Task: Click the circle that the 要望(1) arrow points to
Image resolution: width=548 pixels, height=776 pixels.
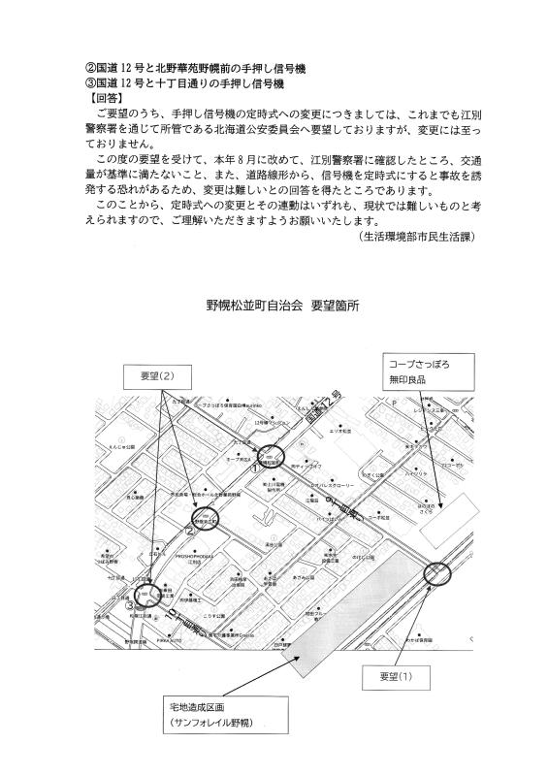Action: click(x=439, y=576)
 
